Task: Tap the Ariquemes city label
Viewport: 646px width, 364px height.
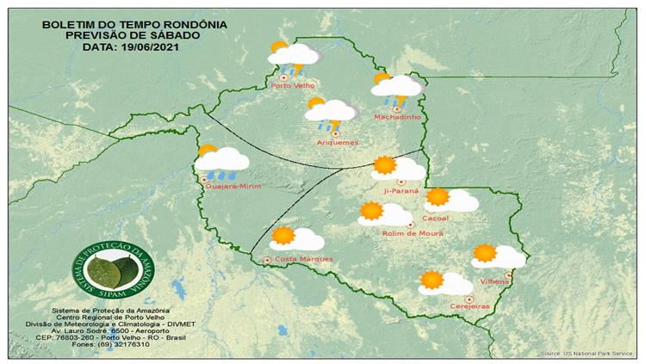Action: click(333, 142)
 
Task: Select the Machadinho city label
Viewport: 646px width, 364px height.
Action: click(395, 117)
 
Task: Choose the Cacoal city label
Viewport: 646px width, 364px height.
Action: click(436, 219)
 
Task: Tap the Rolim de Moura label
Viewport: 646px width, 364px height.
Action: click(411, 233)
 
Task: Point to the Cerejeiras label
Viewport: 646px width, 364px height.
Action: click(469, 306)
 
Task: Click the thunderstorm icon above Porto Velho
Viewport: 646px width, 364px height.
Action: click(291, 57)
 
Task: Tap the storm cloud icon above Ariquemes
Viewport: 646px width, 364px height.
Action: click(331, 113)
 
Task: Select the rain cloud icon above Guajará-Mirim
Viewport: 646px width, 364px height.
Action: click(221, 160)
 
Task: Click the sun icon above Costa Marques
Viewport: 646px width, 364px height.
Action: click(283, 236)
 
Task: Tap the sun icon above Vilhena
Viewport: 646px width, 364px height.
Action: click(485, 253)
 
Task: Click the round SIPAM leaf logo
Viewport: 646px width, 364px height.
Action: click(109, 268)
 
